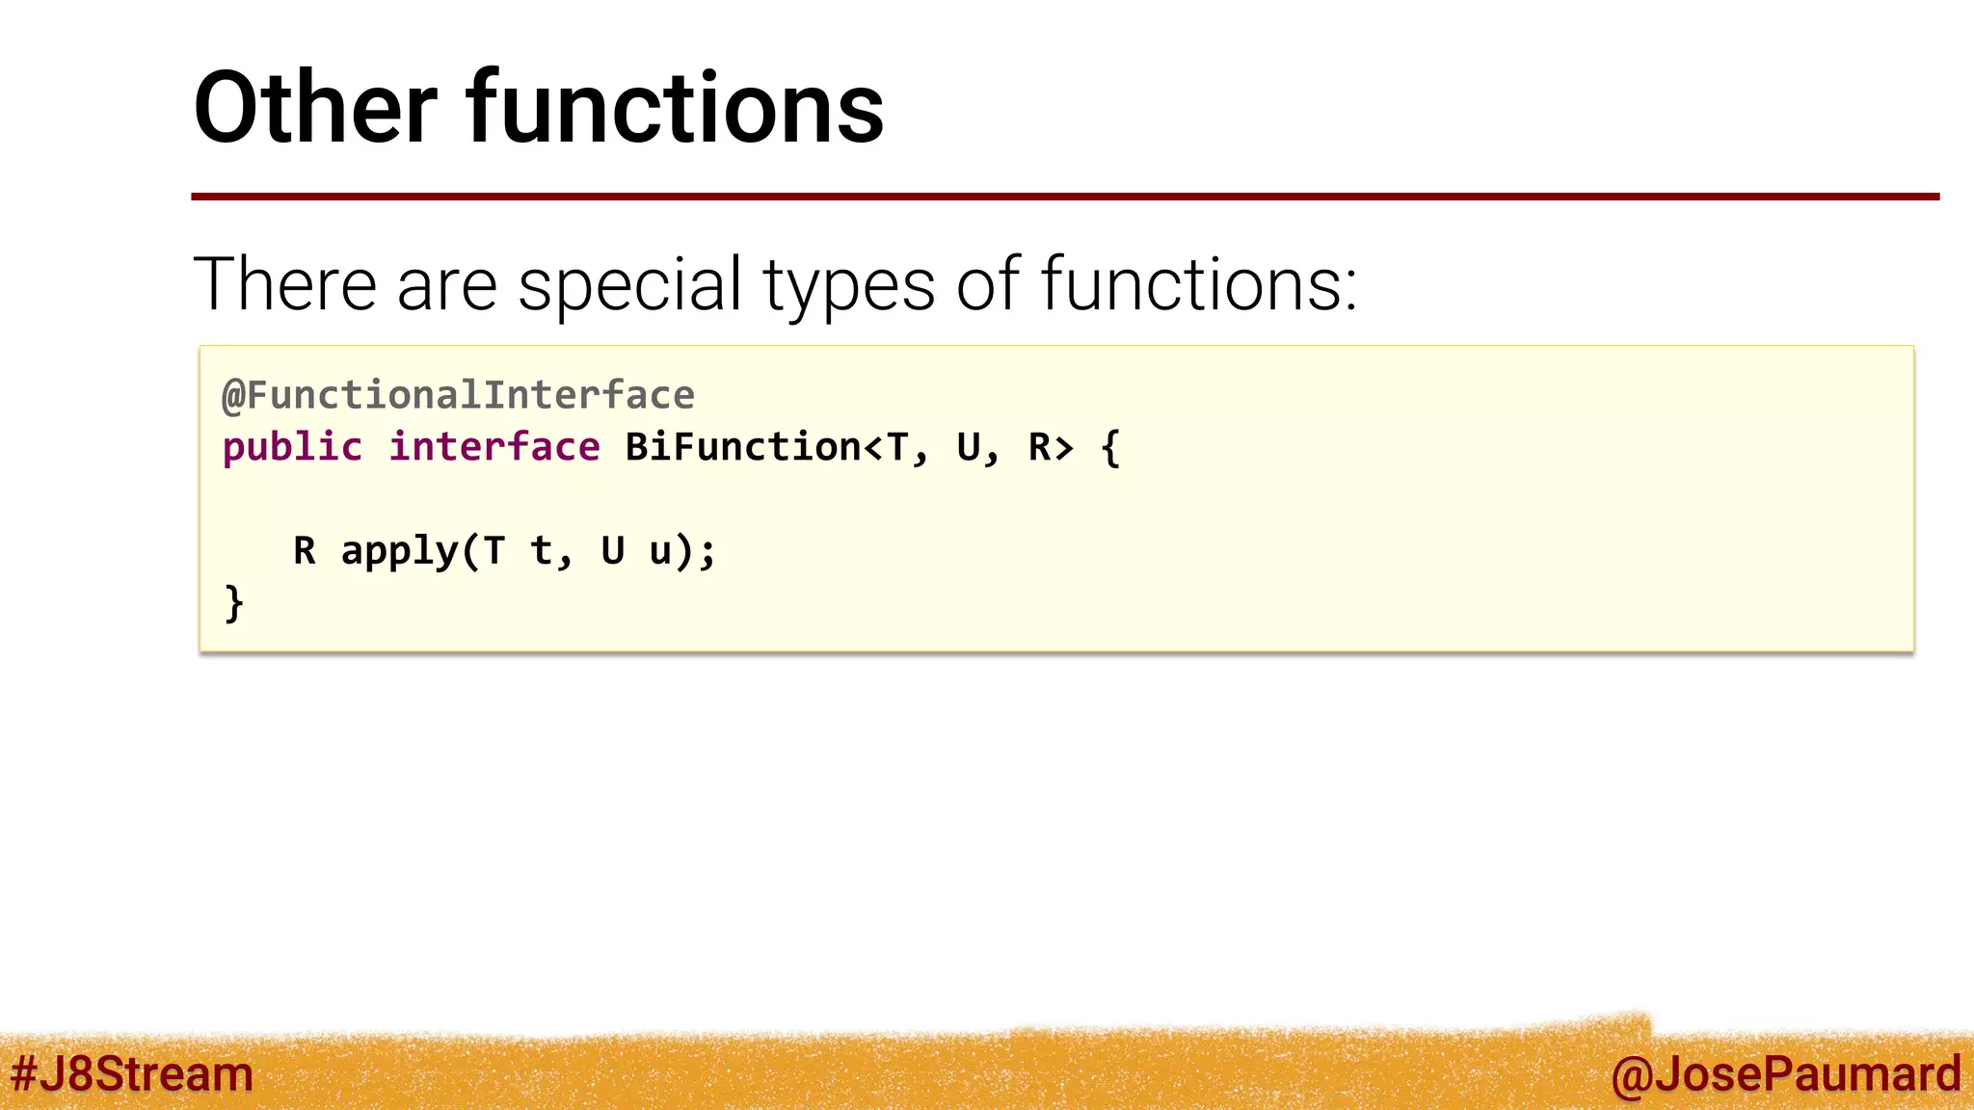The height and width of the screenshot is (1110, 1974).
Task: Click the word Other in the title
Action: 315,108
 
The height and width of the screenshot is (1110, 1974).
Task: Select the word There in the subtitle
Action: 284,284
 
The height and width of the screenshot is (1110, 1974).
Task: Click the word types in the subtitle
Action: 848,286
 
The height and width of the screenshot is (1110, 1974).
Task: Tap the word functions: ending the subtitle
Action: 1198,284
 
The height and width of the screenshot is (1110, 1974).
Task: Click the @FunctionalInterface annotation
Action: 458,395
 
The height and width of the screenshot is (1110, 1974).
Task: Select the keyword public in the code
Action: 292,448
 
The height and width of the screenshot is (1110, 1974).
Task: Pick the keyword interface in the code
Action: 493,448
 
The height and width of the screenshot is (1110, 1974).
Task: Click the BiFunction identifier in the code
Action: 742,448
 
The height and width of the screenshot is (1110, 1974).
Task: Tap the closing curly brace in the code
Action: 233,604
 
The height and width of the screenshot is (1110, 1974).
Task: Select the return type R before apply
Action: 305,551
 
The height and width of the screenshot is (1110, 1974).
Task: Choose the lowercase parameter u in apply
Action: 660,553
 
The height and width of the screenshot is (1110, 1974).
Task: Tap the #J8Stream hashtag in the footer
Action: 131,1074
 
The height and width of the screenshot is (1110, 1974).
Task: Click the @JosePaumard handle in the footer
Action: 1785,1074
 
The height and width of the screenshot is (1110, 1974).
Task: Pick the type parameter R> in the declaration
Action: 1051,448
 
